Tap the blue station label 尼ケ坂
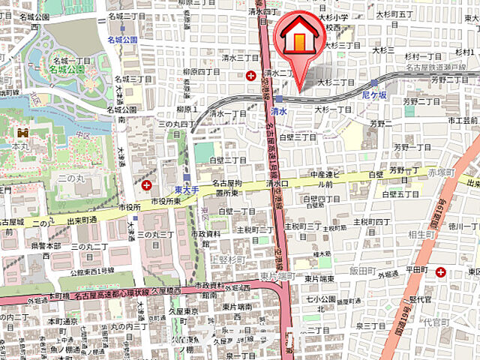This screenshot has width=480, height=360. tap(373, 97)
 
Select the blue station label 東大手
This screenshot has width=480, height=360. tap(185, 191)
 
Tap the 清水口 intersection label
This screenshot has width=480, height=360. tap(277, 183)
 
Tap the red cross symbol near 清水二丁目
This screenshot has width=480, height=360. tap(251, 74)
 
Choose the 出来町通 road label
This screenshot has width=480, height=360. tap(82, 220)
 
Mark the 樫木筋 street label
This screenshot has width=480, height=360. tap(325, 254)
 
